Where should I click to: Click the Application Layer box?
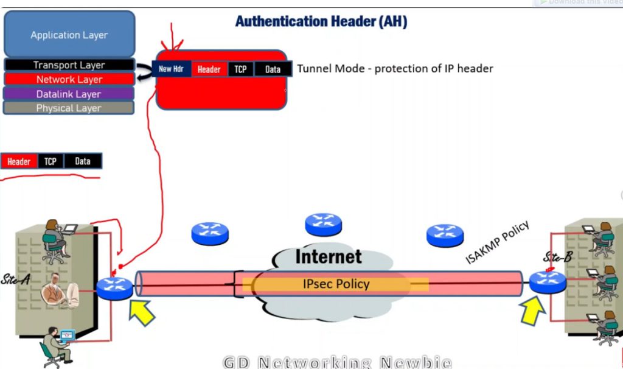69,35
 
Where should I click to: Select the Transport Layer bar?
69,65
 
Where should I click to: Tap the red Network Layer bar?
69,79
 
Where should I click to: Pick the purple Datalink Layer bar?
69,94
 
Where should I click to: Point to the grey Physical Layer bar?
69,108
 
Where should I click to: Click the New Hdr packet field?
171,69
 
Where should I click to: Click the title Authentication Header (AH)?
321,22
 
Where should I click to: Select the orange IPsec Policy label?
336,284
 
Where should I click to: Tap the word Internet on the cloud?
329,256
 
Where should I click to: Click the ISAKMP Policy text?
498,242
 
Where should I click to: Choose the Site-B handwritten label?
558,257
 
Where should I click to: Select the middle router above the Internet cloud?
324,224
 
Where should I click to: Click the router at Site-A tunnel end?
114,288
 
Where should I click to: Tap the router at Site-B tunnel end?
547,282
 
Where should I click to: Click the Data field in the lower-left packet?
83,161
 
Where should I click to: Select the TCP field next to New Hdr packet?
241,69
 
